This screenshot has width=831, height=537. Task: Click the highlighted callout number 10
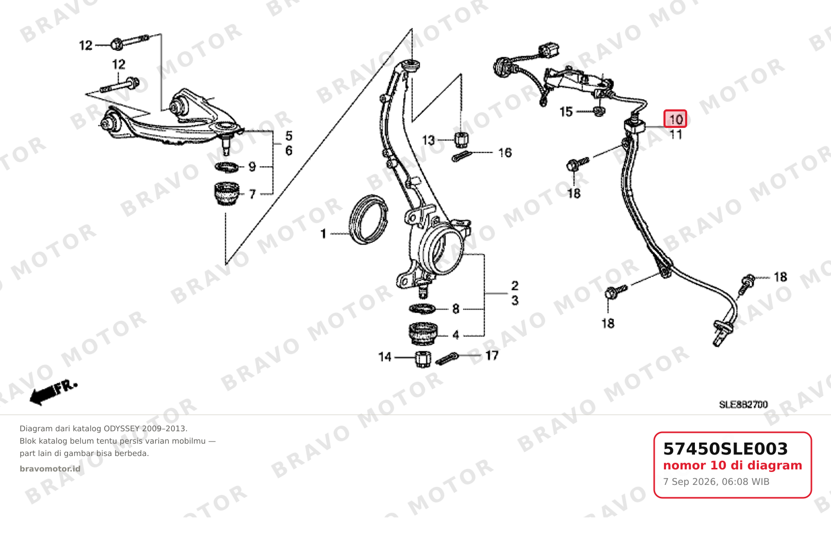click(675, 119)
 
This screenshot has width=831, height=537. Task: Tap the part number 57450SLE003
click(725, 449)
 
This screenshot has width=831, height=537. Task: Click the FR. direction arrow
click(53, 392)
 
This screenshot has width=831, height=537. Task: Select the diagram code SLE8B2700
click(743, 404)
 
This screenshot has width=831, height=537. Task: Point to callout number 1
click(324, 234)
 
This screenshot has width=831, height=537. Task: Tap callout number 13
click(428, 140)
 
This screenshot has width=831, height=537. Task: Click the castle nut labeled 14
click(423, 359)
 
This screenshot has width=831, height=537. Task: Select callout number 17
click(492, 356)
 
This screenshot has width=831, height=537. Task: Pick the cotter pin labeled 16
click(461, 157)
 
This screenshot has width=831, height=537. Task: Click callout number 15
click(566, 112)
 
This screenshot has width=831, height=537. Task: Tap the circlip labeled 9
click(227, 167)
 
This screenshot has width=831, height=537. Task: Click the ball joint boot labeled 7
click(227, 193)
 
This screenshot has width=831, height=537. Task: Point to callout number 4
click(456, 335)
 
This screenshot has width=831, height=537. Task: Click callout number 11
click(676, 134)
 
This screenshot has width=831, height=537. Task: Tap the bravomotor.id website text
click(50, 469)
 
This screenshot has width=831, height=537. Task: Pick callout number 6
click(289, 151)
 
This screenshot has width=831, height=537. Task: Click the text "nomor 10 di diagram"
click(733, 465)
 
